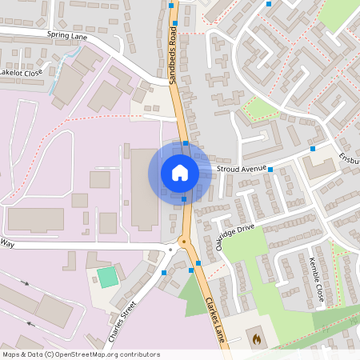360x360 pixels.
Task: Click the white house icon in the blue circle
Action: pyautogui.click(x=180, y=172)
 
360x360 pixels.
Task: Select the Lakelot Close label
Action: pyautogui.click(x=21, y=73)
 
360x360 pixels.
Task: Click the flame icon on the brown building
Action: pyautogui.click(x=256, y=339)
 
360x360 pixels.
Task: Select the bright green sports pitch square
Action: pyautogui.click(x=106, y=278)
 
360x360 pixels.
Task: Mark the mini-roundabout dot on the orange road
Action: pyautogui.click(x=183, y=240)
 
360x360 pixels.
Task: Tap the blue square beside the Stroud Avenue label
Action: pyautogui.click(x=271, y=170)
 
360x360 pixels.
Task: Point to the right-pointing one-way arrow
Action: pyautogui.click(x=24, y=282)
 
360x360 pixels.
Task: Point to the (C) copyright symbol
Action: pyautogui.click(x=49, y=354)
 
